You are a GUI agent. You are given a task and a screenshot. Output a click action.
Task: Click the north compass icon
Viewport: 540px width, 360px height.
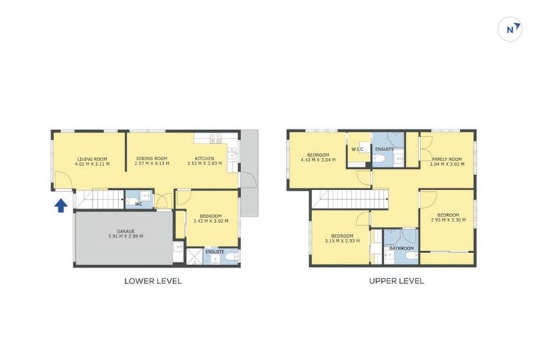click(x=510, y=30)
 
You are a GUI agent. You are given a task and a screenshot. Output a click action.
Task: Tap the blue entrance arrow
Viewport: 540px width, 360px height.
click(x=61, y=205)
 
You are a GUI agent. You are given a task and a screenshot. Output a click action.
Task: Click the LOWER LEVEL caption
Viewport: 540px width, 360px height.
click(x=153, y=281)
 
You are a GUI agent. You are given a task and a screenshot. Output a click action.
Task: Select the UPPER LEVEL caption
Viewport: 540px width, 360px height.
click(x=397, y=281)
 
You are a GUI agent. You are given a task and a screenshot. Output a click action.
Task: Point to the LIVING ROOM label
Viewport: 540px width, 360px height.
click(x=91, y=159)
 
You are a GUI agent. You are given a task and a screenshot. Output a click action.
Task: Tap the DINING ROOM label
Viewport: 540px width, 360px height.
click(x=151, y=158)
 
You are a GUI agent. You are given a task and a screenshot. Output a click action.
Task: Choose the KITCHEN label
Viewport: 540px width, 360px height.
click(x=205, y=158)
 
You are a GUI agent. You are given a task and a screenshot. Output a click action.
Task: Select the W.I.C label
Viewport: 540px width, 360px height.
click(x=356, y=149)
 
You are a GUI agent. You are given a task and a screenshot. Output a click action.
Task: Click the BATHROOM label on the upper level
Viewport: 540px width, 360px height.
click(x=401, y=248)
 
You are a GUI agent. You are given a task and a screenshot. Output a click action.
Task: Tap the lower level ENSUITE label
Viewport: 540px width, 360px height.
click(x=214, y=251)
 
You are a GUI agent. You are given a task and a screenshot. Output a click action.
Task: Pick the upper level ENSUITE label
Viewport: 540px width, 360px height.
click(x=385, y=150)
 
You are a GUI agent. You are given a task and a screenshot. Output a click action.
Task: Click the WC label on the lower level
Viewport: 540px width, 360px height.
click(x=139, y=205)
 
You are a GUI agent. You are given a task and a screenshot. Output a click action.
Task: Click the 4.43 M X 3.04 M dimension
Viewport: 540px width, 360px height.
click(x=318, y=160)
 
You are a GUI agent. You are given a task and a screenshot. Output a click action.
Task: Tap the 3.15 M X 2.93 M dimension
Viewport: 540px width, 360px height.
click(x=342, y=240)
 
